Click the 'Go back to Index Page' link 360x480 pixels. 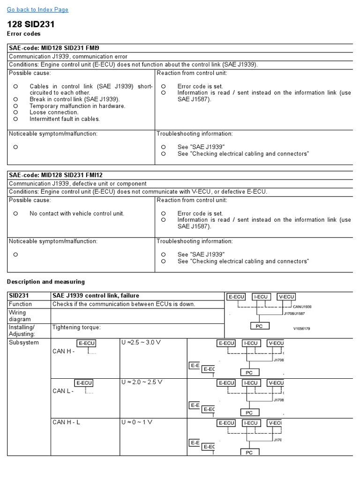(x=37, y=9)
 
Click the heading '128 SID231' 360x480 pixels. (x=31, y=24)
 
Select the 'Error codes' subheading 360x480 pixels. (x=23, y=34)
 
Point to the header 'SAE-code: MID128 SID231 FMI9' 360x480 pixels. (x=54, y=48)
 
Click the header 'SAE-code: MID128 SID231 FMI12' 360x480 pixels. (x=56, y=175)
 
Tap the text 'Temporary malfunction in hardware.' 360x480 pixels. (x=77, y=106)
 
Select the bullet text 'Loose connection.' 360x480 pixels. (x=54, y=112)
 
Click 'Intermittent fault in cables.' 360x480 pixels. (x=65, y=119)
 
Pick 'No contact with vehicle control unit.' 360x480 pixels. (x=77, y=213)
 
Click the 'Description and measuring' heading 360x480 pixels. (x=46, y=282)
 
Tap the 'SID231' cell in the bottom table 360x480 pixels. (x=19, y=296)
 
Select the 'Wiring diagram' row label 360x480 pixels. (x=18, y=316)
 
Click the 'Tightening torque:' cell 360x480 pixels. (x=76, y=327)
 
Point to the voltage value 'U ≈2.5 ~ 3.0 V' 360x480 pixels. (x=141, y=343)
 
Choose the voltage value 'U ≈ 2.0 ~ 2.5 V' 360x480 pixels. (x=142, y=382)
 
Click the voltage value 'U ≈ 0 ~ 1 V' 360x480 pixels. (x=137, y=422)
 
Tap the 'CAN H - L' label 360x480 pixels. (x=66, y=422)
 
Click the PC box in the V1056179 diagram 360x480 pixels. (x=259, y=326)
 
